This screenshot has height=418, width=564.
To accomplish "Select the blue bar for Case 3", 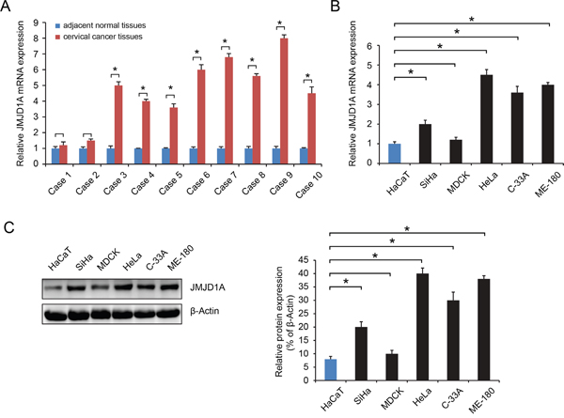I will [x=111, y=163].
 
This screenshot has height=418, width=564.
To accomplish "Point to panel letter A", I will [x=8, y=8].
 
